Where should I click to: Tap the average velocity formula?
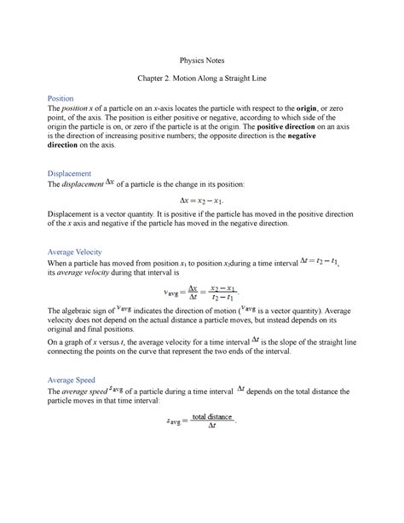click(x=202, y=292)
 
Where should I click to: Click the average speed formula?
click(x=202, y=419)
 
